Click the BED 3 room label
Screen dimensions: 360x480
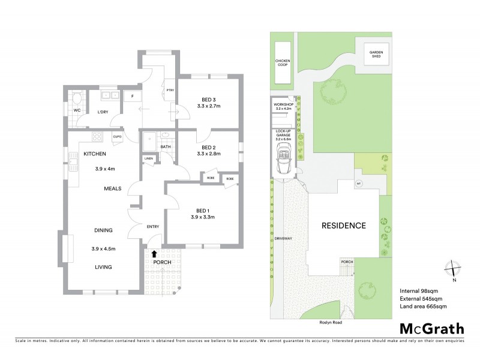coord(209,99)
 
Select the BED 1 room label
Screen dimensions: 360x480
coord(205,210)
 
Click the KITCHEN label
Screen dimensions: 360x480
coord(95,154)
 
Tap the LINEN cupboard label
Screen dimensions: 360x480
coord(149,158)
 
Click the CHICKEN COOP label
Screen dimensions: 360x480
coord(282,63)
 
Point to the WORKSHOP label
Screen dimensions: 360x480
coord(282,104)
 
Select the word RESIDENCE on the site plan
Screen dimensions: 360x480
coord(343,226)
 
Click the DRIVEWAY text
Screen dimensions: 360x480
coord(283,239)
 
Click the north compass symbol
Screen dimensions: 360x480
coord(454,271)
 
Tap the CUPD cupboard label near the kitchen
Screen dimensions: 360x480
coord(117,137)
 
